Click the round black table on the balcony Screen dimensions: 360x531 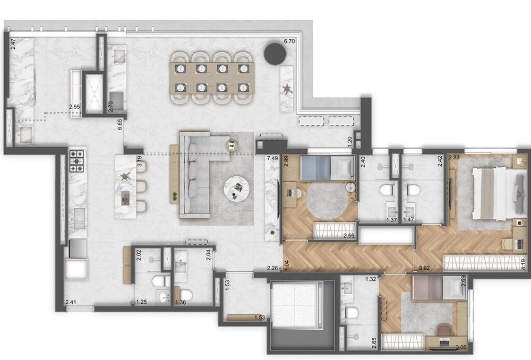click(275, 54)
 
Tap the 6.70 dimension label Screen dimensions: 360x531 click(289, 41)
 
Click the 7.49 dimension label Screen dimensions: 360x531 click(273, 159)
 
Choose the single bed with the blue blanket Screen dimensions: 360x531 click(327, 169)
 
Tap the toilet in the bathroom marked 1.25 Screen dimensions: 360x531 click(158, 282)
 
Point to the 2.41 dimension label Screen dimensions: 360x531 click(71, 303)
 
